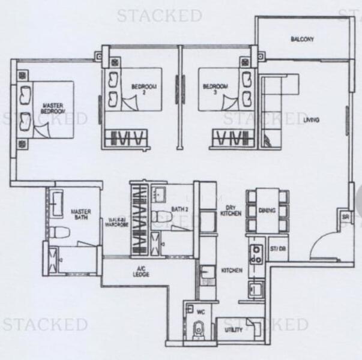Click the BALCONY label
click(302, 40)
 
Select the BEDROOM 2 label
click(143, 89)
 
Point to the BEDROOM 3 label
click(216, 89)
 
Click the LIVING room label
click(311, 120)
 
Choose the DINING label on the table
click(267, 211)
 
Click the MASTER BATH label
click(80, 215)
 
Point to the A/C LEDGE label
click(141, 272)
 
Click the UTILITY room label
click(234, 329)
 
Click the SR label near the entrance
click(345, 217)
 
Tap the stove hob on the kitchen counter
click(256, 254)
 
